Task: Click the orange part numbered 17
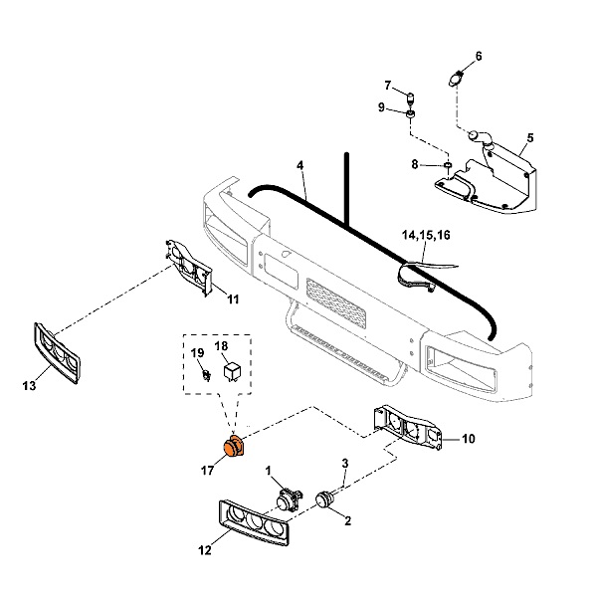[x=234, y=448]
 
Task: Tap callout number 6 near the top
[x=478, y=56]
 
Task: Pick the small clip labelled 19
[x=203, y=375]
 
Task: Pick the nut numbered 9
[x=410, y=121]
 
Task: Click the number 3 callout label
[x=345, y=463]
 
